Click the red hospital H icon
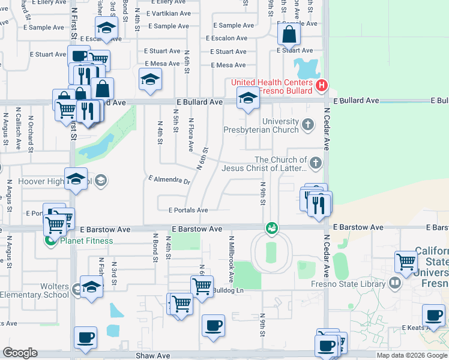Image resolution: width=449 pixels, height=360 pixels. point(321,85)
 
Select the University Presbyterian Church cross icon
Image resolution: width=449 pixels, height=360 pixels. point(307,125)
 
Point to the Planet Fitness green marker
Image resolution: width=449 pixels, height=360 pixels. point(52,241)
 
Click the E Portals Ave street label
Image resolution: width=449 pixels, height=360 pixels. point(188,210)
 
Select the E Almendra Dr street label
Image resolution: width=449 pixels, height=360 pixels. point(169,180)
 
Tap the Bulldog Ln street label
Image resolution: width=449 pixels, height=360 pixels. point(229,290)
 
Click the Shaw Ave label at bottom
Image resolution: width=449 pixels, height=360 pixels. point(152,355)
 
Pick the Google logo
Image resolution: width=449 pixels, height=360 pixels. point(20,353)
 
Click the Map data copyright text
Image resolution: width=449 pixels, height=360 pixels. point(411,355)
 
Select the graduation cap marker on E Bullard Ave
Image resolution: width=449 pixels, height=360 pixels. point(247,97)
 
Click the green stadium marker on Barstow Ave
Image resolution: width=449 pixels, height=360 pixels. point(272,228)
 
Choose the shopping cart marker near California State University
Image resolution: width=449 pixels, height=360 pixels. point(406,262)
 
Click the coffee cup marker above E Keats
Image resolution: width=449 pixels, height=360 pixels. point(433,315)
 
